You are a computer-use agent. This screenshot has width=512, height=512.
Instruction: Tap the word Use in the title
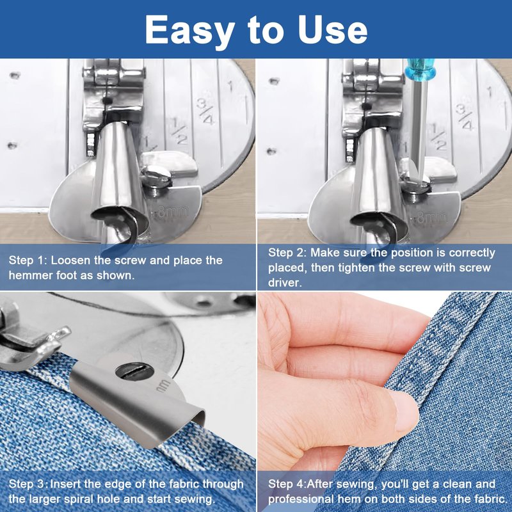coord(332,29)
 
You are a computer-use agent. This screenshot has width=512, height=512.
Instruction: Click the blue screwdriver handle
coord(419,69)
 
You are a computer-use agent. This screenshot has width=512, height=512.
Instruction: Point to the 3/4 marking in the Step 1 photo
coord(205,111)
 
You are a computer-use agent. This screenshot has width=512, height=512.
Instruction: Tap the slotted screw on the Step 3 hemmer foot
coord(134,371)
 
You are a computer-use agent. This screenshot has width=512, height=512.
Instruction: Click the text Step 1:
coord(28,260)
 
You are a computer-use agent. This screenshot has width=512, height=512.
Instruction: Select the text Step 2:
coord(287,253)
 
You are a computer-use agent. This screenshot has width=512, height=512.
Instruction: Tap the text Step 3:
coord(28,484)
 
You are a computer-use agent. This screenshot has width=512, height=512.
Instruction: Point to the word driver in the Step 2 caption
coord(285,283)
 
